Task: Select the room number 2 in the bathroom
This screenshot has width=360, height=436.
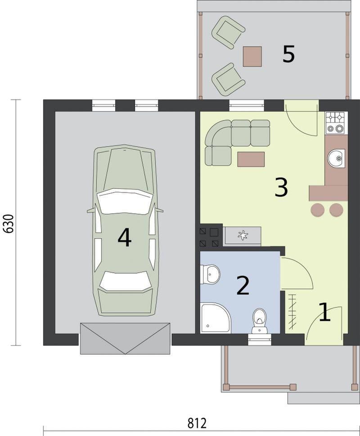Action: [243, 285]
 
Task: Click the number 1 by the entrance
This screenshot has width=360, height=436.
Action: [324, 313]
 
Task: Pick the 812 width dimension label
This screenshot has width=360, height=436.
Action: [197, 423]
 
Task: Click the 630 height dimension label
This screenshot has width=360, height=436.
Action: [9, 223]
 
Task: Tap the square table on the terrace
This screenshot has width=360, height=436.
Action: [252, 56]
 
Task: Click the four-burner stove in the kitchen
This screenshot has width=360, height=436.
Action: [336, 123]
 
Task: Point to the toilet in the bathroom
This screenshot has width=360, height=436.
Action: [259, 321]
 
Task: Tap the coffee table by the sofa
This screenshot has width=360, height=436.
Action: [251, 159]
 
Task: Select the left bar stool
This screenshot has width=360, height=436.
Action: [318, 210]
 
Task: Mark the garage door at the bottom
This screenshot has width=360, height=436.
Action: [125, 338]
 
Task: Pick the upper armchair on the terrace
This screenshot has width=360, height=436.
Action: [228, 32]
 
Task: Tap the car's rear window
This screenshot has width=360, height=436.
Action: [126, 282]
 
